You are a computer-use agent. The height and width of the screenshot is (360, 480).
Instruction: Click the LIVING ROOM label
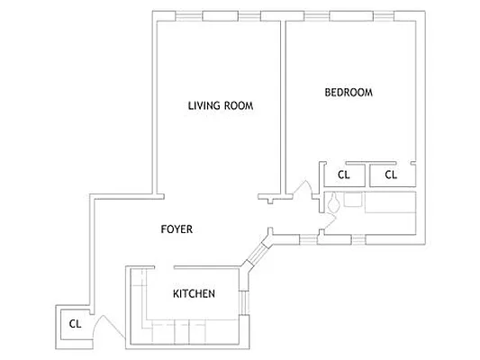click(x=220, y=105)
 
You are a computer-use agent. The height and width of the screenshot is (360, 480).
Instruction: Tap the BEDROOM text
click(x=348, y=93)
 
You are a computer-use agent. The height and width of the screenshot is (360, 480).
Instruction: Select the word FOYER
click(x=177, y=229)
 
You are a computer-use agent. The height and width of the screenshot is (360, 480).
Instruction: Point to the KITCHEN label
click(x=194, y=293)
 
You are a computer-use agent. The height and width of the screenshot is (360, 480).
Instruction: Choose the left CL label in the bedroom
click(x=343, y=175)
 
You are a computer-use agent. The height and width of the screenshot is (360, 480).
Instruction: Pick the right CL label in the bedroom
click(x=390, y=175)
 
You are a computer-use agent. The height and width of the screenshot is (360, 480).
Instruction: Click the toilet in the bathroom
click(x=334, y=204)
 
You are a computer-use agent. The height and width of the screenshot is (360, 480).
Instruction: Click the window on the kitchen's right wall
click(x=242, y=303)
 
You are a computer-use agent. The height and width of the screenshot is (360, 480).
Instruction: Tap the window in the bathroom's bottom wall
click(x=343, y=238)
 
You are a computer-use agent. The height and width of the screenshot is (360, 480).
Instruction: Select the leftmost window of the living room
click(x=188, y=15)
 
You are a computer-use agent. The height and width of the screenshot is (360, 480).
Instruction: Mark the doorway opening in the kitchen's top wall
click(x=161, y=267)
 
